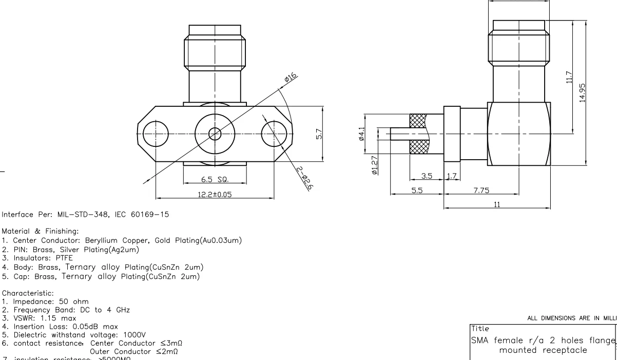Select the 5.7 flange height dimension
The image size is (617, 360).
[320, 134]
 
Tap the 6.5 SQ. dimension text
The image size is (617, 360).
[214, 180]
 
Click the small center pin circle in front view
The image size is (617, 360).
[215, 134]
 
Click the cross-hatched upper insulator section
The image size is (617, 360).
[418, 121]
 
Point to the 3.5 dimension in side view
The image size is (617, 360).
[426, 176]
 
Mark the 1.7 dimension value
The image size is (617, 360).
[452, 176]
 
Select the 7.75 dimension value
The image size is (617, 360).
[481, 190]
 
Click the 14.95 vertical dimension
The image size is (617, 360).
[582, 92]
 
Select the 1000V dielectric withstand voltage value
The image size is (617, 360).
[121, 334]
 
